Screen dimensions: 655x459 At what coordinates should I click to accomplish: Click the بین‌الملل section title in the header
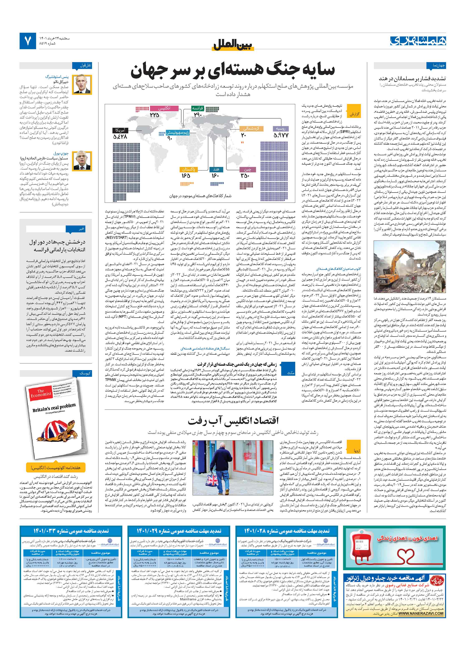pos(233,45)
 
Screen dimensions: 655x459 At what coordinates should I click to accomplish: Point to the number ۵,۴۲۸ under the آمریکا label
pos(120,137)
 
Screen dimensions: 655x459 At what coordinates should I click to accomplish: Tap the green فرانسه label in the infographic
pos(197,108)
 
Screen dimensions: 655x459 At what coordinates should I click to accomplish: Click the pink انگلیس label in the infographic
pos(164,108)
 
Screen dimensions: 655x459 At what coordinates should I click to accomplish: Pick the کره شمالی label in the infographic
pos(252,128)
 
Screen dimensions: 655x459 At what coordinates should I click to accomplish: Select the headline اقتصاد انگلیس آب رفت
pos(233,420)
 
